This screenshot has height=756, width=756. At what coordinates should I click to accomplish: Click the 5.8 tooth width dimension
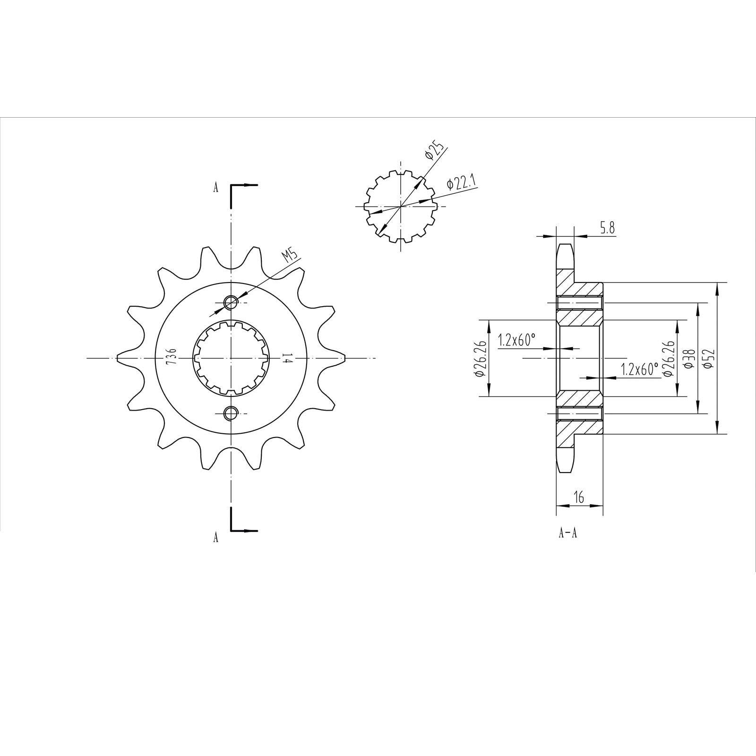point(607,229)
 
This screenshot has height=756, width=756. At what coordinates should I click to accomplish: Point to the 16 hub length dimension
point(579,497)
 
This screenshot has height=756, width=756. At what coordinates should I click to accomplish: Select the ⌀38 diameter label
point(689,358)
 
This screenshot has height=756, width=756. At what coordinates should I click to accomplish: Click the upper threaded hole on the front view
point(231,302)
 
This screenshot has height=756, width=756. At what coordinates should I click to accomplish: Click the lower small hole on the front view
point(231,413)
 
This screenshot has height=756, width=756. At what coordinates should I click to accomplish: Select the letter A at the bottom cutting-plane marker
point(216,537)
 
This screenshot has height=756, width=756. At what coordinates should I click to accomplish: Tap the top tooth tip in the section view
point(565,246)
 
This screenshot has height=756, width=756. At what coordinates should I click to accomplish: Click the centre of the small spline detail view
point(401,206)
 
